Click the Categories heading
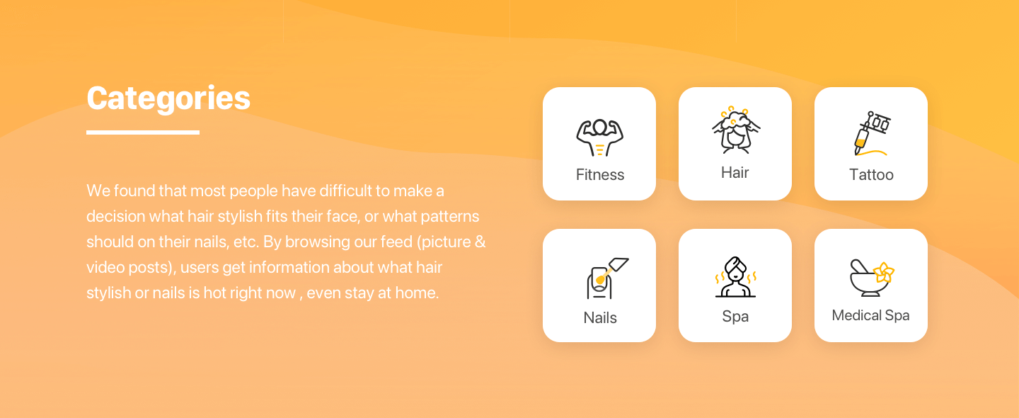[168, 98]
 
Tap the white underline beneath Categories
[143, 132]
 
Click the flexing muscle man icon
[599, 137]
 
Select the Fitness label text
[599, 174]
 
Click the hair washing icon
[735, 130]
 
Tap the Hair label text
[735, 173]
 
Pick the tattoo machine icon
[870, 134]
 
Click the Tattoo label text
[871, 174]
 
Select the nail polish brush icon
[607, 278]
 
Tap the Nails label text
[600, 317]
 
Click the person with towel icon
[735, 277]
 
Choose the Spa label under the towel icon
[735, 317]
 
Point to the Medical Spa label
[870, 315]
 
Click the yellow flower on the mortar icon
[884, 273]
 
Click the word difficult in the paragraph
[345, 191]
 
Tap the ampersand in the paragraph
[480, 242]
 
